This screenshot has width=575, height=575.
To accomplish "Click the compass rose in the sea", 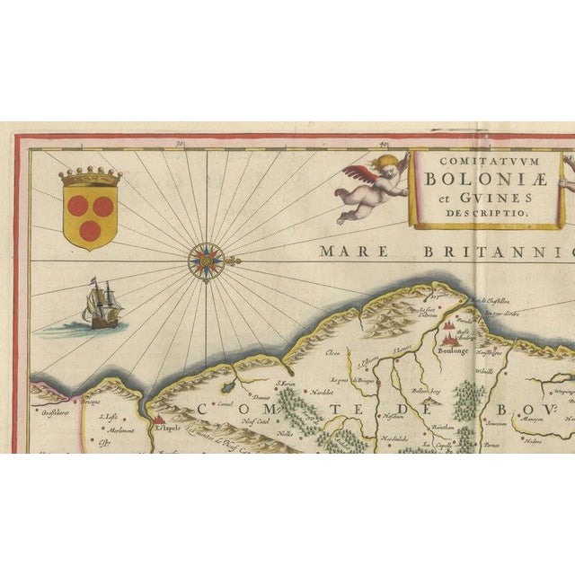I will pyautogui.click(x=205, y=261).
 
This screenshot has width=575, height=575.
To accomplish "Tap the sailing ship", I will pyautogui.click(x=100, y=304).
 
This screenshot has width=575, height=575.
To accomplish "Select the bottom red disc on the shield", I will pyautogui.click(x=89, y=230).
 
